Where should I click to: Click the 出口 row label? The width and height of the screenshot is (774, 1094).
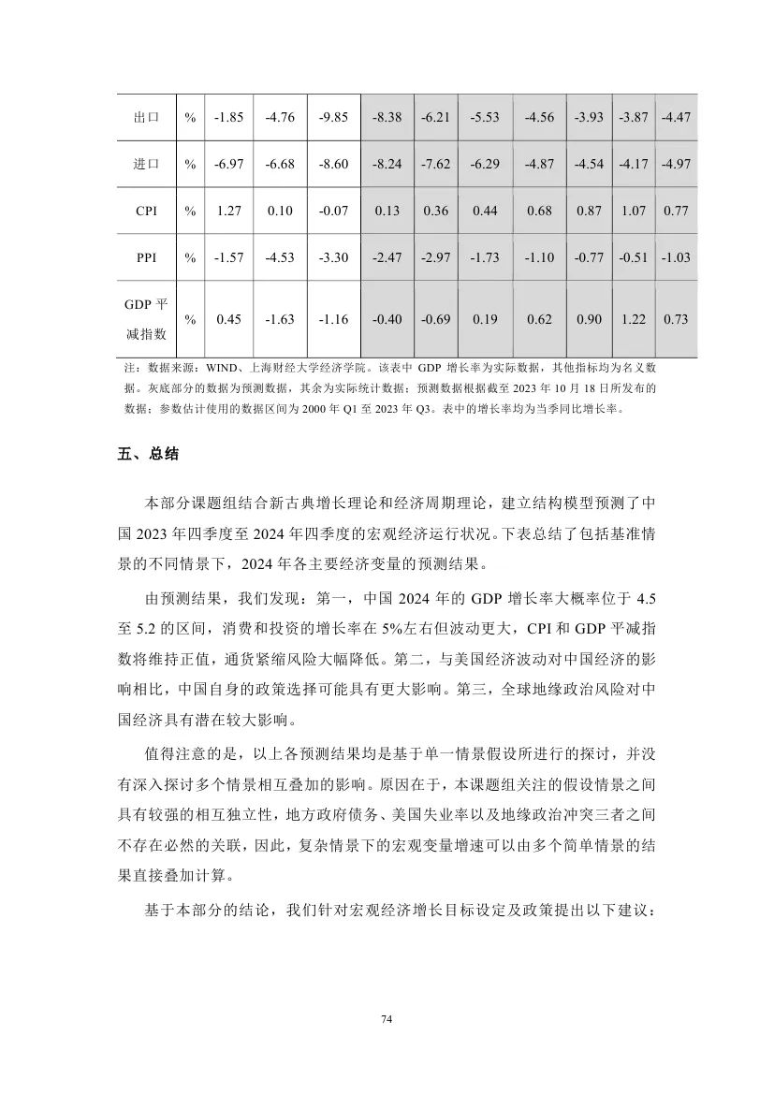(145, 118)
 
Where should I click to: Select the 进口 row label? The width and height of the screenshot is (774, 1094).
(145, 164)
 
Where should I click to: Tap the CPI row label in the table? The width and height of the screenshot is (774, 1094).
(145, 211)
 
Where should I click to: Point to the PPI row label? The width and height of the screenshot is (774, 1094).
(145, 257)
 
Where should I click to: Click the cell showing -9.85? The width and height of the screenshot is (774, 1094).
(333, 118)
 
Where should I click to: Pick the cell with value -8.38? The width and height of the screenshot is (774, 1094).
(387, 118)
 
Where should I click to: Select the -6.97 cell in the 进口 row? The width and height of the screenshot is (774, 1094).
(228, 164)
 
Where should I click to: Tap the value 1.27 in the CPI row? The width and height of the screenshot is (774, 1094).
(228, 211)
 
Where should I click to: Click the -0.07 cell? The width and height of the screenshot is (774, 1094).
(333, 211)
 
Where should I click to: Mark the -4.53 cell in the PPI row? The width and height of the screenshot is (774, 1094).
(281, 257)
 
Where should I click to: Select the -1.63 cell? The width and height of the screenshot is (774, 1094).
(281, 319)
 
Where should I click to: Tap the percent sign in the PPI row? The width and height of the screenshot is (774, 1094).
(190, 257)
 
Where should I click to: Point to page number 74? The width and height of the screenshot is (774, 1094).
(387, 1018)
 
